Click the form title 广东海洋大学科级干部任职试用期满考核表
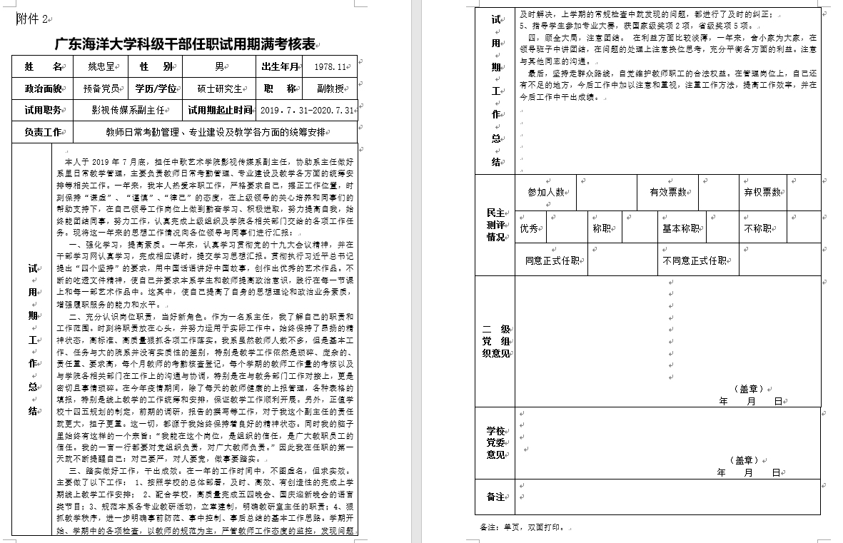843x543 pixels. click(186, 44)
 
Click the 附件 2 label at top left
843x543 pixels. click(32, 20)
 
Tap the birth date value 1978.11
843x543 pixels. click(330, 67)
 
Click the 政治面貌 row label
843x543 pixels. click(43, 89)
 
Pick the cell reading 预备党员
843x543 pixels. click(101, 89)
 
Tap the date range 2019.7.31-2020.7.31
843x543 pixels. click(308, 111)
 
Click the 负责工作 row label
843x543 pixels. click(43, 132)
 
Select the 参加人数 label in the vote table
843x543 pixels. click(546, 192)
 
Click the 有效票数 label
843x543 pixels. click(668, 192)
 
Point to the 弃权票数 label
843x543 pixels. click(762, 192)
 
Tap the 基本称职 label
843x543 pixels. click(682, 228)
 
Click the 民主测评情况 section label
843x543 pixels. click(495, 225)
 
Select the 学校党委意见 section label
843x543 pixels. click(495, 442)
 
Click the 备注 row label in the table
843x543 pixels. click(495, 497)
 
